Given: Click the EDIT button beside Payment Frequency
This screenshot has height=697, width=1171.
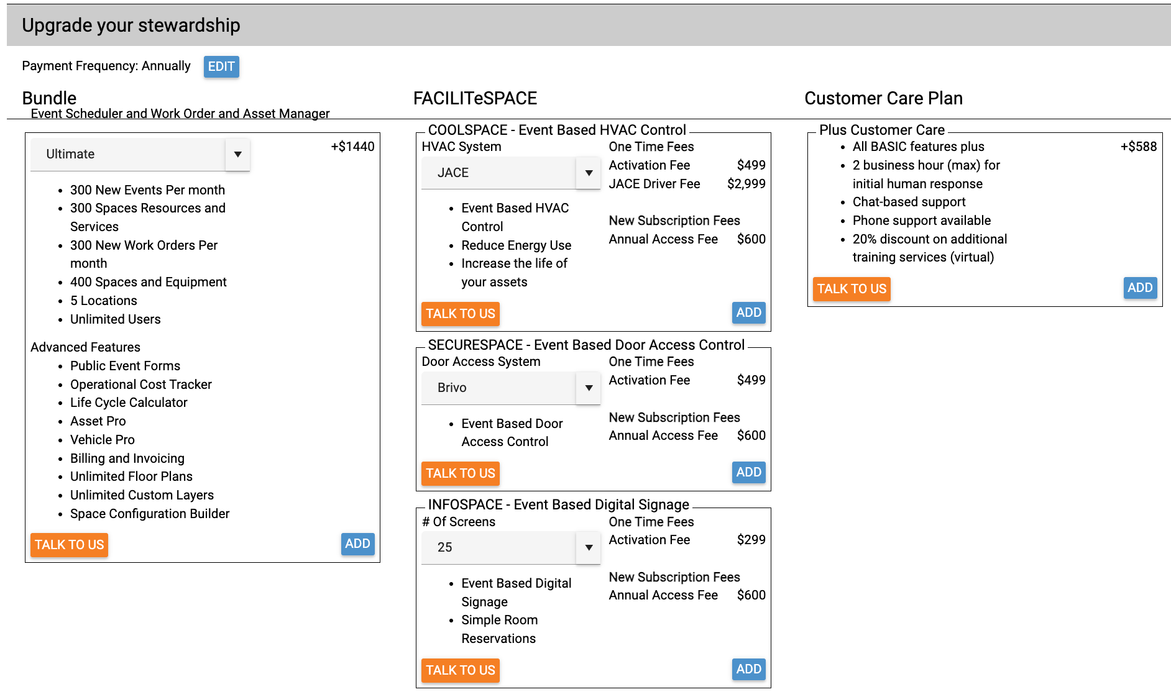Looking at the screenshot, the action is pos(221,66).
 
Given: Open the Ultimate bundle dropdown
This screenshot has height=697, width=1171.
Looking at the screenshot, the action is pos(140,154).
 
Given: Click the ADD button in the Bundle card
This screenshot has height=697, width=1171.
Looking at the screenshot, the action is pos(357,544).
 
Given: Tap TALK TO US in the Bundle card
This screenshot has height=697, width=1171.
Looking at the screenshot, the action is pos(69,545).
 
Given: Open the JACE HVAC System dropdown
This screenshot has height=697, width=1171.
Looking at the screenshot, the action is pos(511,173).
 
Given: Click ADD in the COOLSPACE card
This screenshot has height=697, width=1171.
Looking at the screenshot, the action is pos(748,312).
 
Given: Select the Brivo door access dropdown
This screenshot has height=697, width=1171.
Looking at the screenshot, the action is pos(511,388).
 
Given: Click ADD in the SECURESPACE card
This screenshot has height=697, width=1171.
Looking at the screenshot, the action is pos(748,472).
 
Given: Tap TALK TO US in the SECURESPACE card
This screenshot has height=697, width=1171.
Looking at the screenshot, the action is pos(461,473).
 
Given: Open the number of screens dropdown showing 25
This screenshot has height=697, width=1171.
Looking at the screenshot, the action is pos(511,547).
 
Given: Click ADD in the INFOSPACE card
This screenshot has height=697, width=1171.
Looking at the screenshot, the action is pos(748,669).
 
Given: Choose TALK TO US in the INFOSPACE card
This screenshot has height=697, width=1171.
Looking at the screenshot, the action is pos(461,670).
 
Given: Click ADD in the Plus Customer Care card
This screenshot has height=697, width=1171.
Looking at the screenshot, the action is pos(1140,288).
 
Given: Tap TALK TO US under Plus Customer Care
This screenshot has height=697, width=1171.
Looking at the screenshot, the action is pos(852,289).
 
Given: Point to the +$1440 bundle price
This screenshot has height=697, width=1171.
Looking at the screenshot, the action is pos(352,147).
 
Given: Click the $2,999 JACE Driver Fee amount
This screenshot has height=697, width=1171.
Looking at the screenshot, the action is pos(746,184).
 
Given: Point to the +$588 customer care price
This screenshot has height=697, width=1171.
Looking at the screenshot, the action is pos(1139,147).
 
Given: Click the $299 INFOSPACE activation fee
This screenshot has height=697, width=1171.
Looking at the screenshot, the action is pos(751,540).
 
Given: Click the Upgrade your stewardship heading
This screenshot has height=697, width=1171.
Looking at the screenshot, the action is pos(131,25).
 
